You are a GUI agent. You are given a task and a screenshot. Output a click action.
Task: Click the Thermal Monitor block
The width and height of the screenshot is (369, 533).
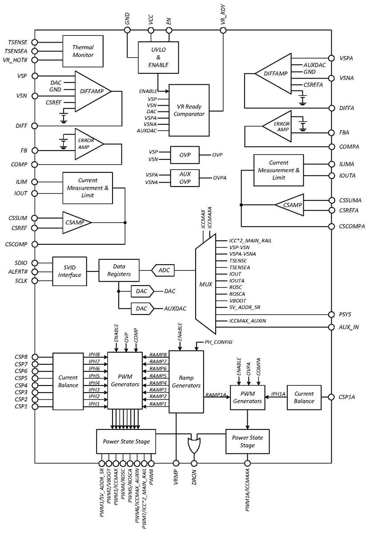point(83,51)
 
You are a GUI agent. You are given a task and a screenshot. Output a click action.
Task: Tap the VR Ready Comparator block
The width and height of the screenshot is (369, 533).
point(189,110)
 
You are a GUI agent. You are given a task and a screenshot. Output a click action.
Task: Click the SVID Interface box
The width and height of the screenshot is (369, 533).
point(69,271)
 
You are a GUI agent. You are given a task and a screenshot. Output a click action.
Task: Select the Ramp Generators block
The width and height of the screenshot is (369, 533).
point(186,382)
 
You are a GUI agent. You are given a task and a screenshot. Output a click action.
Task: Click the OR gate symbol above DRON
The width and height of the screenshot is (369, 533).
point(194,445)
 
